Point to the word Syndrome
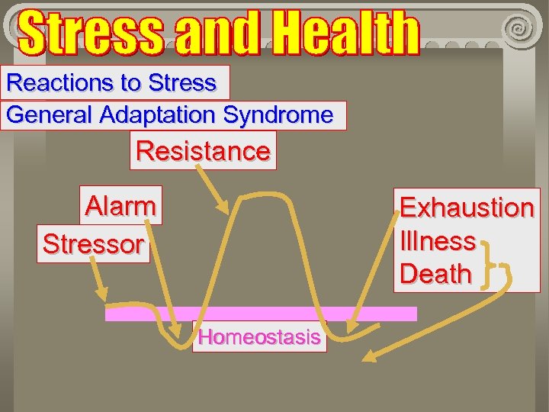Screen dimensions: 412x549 (278, 115)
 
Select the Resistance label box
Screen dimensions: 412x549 (203, 150)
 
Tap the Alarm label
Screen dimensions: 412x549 (120, 205)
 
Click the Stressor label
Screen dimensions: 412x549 (93, 244)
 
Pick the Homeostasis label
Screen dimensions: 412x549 (259, 337)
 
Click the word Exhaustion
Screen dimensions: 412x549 (467, 208)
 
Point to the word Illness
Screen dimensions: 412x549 (438, 241)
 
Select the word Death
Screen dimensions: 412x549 (435, 274)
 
